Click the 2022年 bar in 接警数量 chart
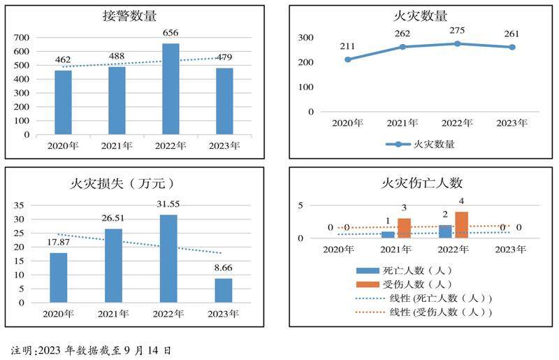[x=170, y=89]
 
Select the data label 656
[x=170, y=33]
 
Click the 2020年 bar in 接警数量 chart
[x=63, y=102]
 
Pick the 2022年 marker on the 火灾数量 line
[x=457, y=43]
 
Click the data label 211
[x=348, y=47]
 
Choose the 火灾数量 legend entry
[x=419, y=145]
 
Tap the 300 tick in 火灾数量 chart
[x=305, y=37]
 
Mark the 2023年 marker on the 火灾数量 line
[x=512, y=47]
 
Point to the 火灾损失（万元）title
[x=122, y=184]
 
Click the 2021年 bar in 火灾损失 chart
[x=113, y=266]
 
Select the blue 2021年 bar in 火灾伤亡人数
[x=388, y=234]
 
